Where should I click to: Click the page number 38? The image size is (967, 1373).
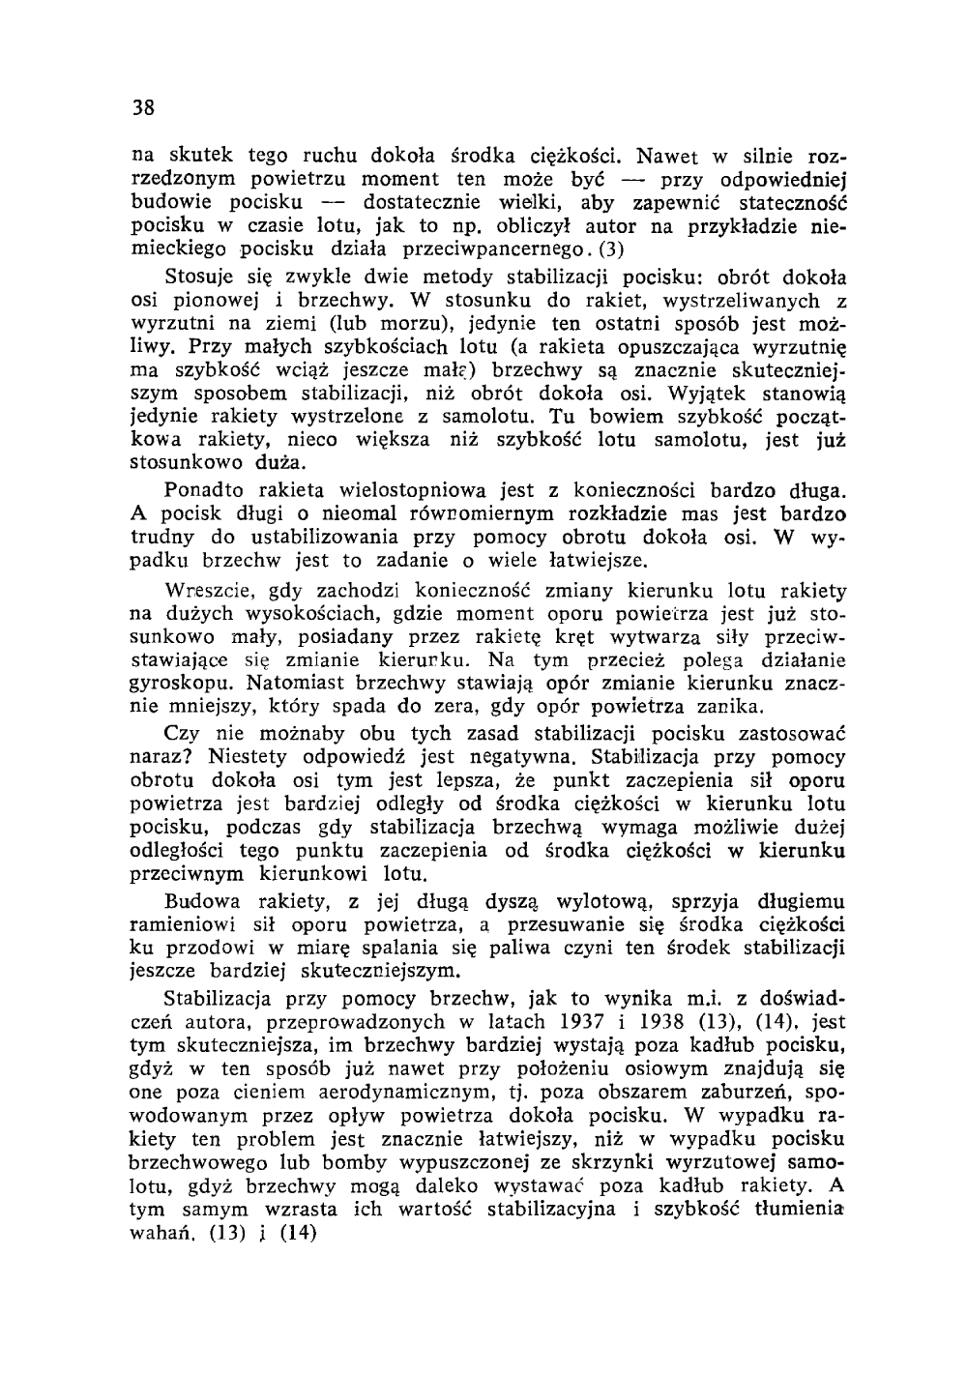144,106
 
